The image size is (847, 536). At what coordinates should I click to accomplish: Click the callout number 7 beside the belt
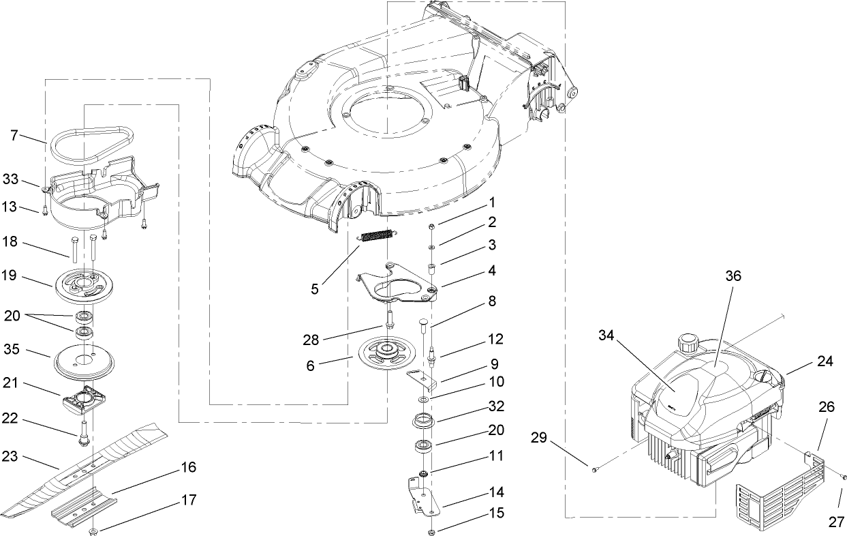[x=14, y=135]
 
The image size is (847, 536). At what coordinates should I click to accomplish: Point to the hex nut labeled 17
[x=94, y=530]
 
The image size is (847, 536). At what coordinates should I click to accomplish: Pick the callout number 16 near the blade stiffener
[x=188, y=467]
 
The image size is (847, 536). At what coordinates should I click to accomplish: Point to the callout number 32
[x=496, y=406]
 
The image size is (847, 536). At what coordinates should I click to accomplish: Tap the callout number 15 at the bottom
[x=496, y=512]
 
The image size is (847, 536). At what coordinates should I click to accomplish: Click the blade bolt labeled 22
[x=82, y=434]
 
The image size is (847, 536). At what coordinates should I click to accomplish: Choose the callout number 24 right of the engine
[x=826, y=362]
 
